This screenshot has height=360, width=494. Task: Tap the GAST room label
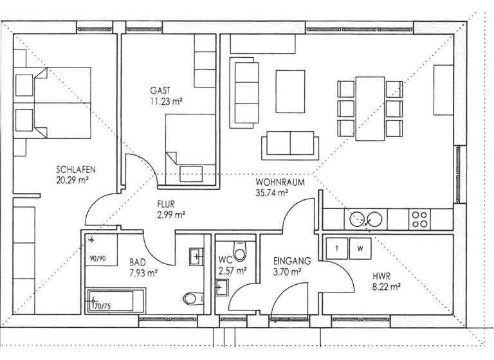point(161,90)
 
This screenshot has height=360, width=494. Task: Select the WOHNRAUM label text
point(280,182)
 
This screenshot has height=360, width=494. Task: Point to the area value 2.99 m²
point(171,215)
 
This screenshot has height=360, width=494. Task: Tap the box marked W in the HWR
point(360,248)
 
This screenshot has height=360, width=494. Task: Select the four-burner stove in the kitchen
point(420,219)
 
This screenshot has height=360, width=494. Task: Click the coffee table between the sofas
point(291,91)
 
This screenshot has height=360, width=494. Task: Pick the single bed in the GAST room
point(190,147)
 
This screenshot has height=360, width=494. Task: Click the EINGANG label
point(291,262)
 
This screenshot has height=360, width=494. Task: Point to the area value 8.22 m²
point(387,287)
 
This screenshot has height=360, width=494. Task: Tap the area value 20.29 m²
point(71,180)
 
